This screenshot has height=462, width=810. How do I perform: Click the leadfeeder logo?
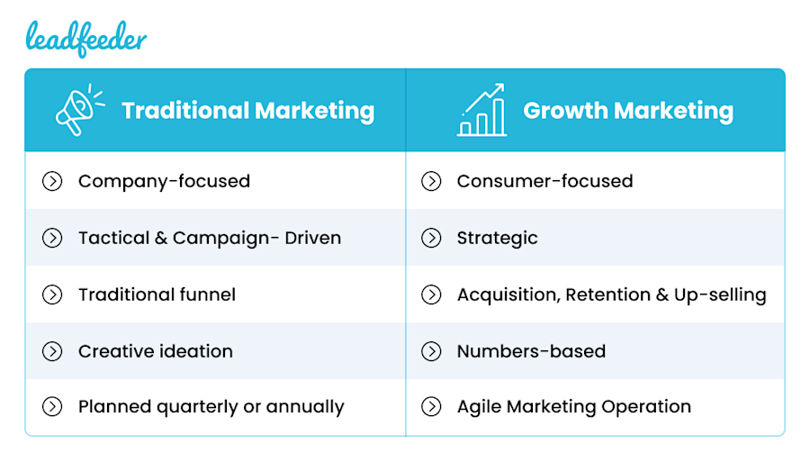click(x=85, y=38)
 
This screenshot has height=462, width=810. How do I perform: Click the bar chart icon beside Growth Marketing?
click(x=481, y=110)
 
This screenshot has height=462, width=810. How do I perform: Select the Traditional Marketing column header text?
click(x=247, y=111)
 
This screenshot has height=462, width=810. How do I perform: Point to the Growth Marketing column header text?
click(x=628, y=111)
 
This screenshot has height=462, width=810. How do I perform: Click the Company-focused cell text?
click(x=164, y=181)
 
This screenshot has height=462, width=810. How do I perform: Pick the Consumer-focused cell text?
click(x=544, y=181)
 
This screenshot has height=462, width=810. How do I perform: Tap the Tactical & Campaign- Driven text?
click(x=210, y=238)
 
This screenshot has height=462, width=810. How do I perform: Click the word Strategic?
click(x=497, y=238)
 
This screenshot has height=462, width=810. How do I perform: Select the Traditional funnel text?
click(x=157, y=294)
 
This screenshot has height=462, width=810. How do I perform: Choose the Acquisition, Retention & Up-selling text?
click(x=611, y=294)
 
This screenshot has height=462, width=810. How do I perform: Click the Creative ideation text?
click(x=155, y=351)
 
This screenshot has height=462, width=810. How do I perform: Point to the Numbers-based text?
click(x=531, y=351)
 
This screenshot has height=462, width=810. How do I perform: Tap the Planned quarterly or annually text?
click(x=211, y=406)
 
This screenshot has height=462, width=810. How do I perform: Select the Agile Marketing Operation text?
click(x=573, y=406)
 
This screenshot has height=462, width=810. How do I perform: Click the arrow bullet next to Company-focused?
click(x=52, y=181)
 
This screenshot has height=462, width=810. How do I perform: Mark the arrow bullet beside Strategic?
click(x=431, y=238)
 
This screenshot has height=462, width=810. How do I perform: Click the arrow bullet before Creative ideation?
click(x=52, y=351)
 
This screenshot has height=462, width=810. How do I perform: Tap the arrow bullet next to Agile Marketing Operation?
click(x=431, y=406)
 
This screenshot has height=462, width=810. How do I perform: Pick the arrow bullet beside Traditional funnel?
click(x=52, y=294)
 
